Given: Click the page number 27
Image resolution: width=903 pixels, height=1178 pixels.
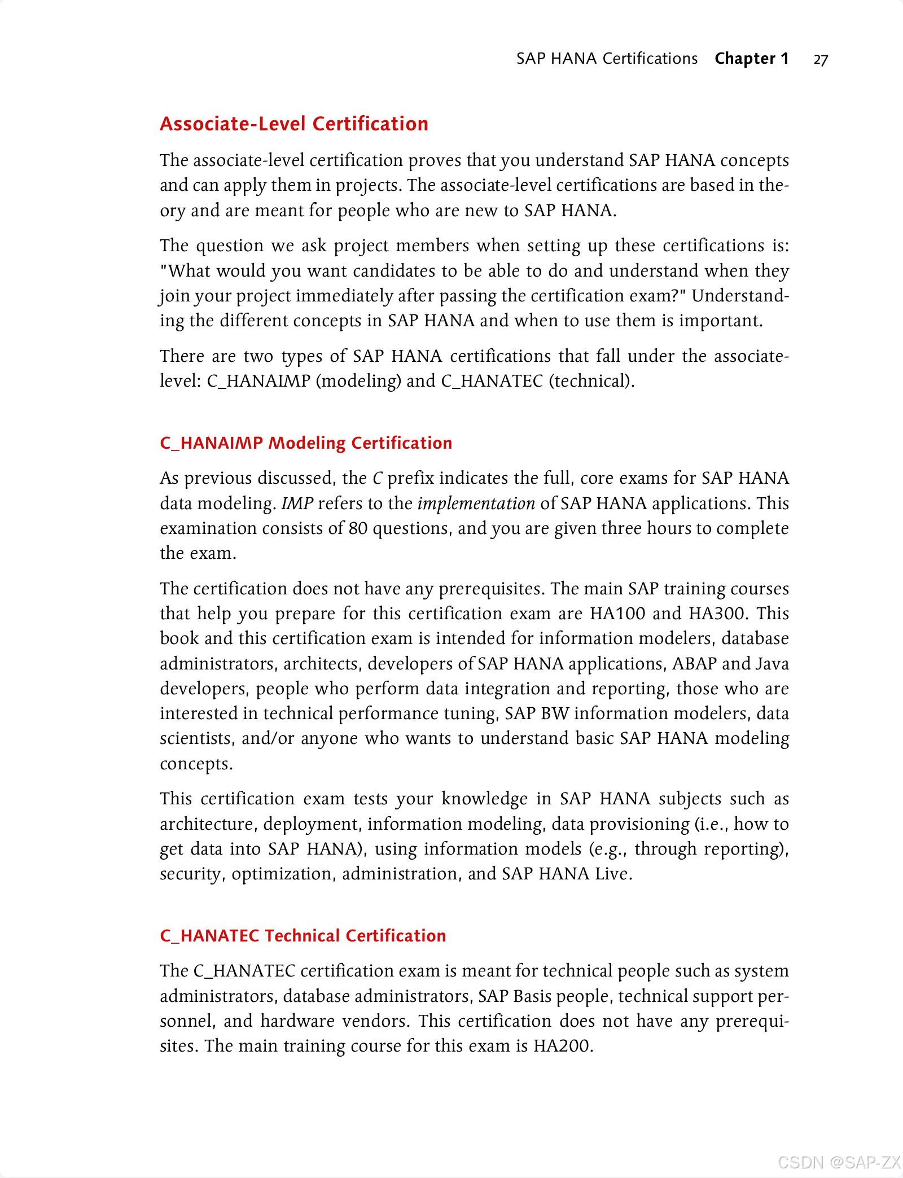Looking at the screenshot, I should pyautogui.click(x=821, y=60).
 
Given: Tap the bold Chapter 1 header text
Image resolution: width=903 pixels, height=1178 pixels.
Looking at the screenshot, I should pyautogui.click(x=751, y=59).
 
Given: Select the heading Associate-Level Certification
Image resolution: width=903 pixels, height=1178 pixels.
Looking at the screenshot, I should pyautogui.click(x=294, y=124).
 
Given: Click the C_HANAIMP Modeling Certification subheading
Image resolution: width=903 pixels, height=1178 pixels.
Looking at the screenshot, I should pyautogui.click(x=306, y=443).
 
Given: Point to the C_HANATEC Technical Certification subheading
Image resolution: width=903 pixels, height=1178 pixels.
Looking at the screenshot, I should pyautogui.click(x=303, y=936).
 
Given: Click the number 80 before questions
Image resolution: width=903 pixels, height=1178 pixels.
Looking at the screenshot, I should pyautogui.click(x=358, y=528).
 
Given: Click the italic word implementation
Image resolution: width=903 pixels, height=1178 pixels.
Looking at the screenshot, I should pyautogui.click(x=476, y=503).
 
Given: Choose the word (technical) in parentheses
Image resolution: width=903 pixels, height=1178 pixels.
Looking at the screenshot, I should pyautogui.click(x=591, y=381).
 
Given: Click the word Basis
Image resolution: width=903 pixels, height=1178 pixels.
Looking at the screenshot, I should pyautogui.click(x=532, y=996).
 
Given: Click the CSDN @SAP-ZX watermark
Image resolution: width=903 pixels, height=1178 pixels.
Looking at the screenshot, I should pyautogui.click(x=839, y=1162).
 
